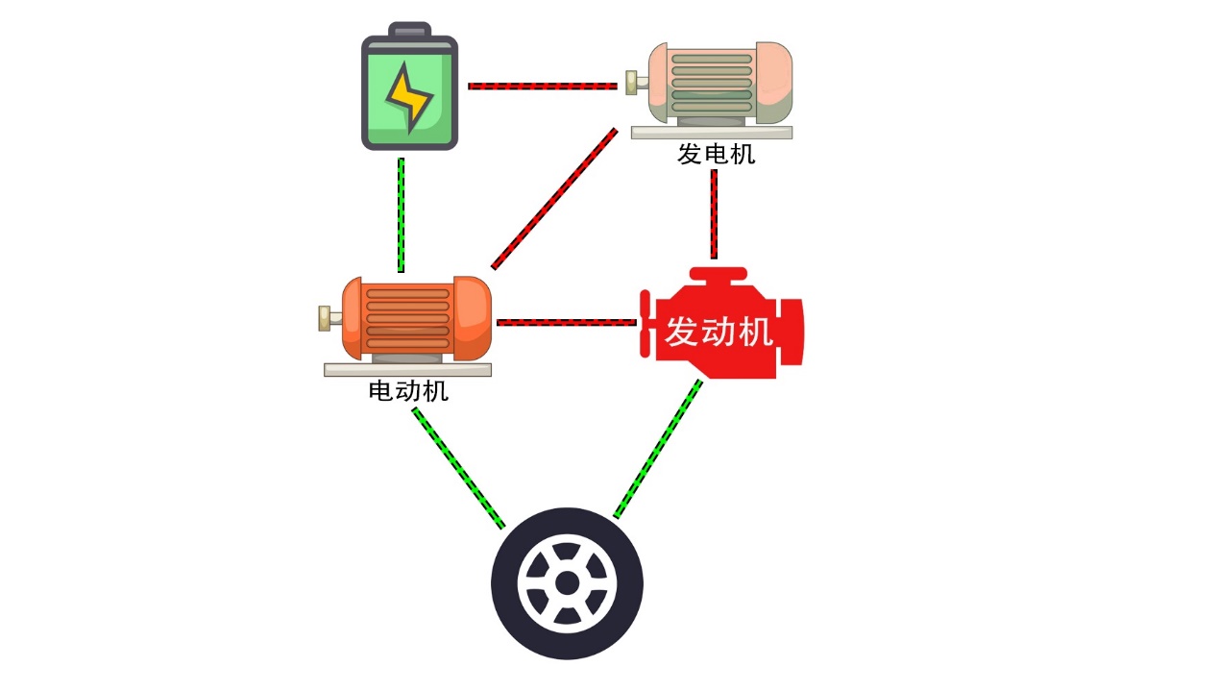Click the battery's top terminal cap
(409, 28)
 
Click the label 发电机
(716, 154)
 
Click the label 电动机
(408, 391)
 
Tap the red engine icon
(720, 327)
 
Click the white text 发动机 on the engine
(719, 333)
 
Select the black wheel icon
(567, 583)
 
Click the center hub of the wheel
(567, 583)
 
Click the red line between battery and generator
(543, 86)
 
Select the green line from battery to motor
(401, 215)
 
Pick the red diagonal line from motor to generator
(554, 199)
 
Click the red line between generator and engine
(714, 214)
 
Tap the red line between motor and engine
(567, 322)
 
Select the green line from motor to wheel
(458, 468)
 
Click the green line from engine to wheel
(658, 448)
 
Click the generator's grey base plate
(712, 133)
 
